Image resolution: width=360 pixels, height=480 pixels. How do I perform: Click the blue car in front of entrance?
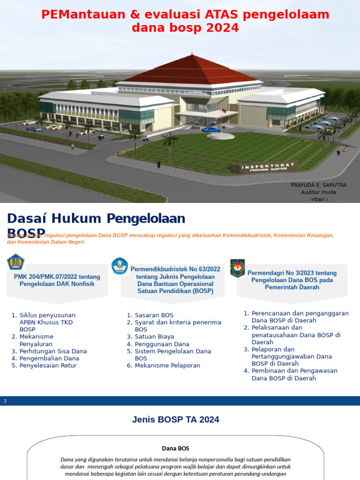[x=211, y=129]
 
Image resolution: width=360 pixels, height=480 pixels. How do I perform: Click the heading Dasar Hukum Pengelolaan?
[x=96, y=218]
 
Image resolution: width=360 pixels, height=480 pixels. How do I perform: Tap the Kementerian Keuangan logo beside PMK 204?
[x=16, y=262]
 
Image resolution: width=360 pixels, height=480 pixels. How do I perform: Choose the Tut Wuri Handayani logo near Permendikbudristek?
[x=120, y=266]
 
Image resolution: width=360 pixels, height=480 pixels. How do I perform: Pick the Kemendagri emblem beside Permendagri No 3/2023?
[x=238, y=268]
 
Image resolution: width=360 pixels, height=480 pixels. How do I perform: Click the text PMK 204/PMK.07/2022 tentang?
[x=57, y=277]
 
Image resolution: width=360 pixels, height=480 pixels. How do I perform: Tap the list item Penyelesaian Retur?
[x=48, y=366]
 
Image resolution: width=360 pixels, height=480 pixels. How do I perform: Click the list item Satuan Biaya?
[x=154, y=337]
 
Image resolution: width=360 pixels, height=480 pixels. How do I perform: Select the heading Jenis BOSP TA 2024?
[x=175, y=420]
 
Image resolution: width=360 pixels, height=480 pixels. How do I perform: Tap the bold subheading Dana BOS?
[x=175, y=449]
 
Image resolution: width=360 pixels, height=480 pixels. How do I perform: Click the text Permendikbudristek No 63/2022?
[x=175, y=269]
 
